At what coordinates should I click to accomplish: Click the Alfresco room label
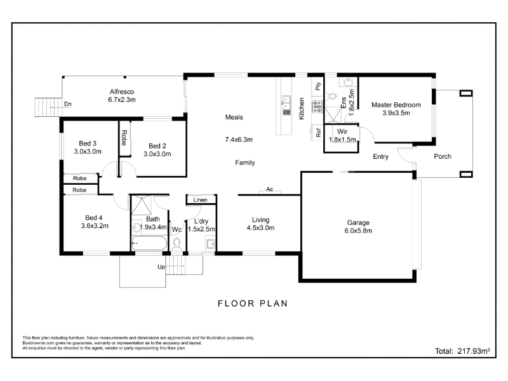click(x=122, y=91)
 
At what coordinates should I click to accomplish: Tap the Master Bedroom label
click(x=396, y=105)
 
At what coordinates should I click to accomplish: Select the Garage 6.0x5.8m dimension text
click(x=358, y=231)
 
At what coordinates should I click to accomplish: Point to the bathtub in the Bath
click(x=149, y=243)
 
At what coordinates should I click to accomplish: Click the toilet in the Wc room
click(x=177, y=243)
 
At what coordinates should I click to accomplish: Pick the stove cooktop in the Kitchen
click(x=317, y=107)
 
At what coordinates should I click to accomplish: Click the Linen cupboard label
click(x=200, y=200)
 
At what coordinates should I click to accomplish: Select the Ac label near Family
click(x=269, y=189)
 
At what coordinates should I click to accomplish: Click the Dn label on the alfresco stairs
click(x=68, y=104)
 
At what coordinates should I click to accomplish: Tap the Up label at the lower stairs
click(x=161, y=267)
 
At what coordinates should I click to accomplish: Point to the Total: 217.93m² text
click(x=462, y=351)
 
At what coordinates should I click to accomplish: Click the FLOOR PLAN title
click(x=253, y=304)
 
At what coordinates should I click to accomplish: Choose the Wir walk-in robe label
click(x=342, y=131)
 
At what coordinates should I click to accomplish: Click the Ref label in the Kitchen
click(x=318, y=132)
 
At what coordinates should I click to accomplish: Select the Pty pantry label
click(x=318, y=86)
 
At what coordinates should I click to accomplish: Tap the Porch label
click(x=443, y=156)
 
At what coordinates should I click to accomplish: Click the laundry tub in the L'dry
click(x=211, y=243)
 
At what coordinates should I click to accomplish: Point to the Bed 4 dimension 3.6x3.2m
click(x=95, y=226)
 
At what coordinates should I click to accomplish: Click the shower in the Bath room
click(x=141, y=205)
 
